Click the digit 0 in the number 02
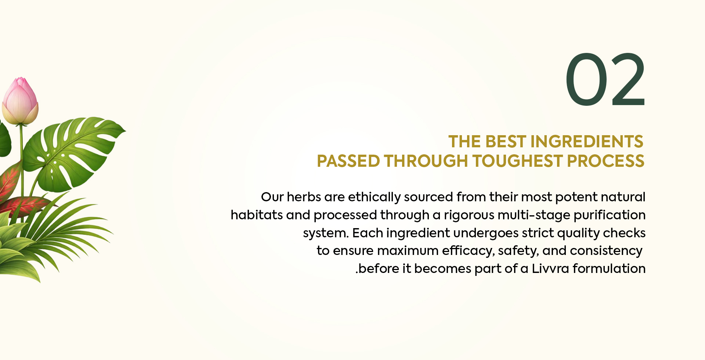point(586,79)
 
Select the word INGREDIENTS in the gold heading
point(586,142)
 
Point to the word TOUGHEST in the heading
point(517,161)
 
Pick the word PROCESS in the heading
point(605,161)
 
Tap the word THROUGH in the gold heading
point(426,161)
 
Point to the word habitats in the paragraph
point(257,215)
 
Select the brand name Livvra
point(550,269)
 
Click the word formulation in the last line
point(609,269)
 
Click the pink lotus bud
point(20,101)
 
